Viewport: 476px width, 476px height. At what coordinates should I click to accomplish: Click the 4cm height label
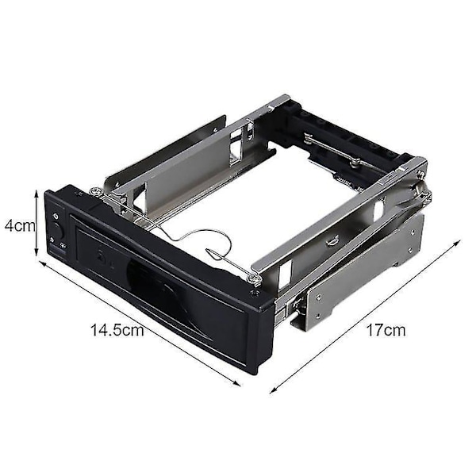point(20,225)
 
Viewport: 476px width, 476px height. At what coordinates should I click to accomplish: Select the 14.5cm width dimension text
point(117,330)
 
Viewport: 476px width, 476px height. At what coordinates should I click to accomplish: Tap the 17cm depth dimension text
point(386,330)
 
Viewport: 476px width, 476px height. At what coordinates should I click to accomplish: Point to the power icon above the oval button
point(56,216)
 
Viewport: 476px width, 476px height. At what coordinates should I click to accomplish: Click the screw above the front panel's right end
point(255,278)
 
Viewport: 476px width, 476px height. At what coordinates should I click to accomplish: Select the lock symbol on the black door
point(100,255)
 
